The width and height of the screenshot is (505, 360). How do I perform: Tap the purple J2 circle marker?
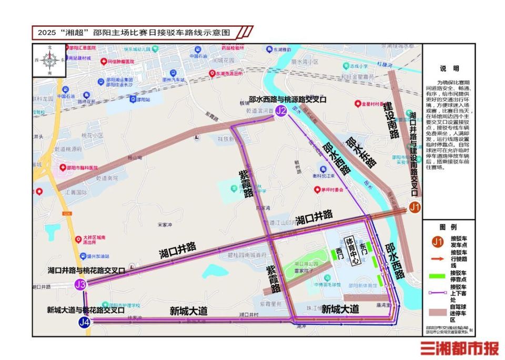tap(281, 111)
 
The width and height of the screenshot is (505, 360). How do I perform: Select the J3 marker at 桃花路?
tap(80, 285)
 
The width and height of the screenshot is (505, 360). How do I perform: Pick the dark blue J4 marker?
tap(84, 322)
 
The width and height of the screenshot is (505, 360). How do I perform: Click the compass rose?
tap(50, 61)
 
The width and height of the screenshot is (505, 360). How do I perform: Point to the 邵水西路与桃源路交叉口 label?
tap(288, 99)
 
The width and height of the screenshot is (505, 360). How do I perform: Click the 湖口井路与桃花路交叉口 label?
tap(86, 271)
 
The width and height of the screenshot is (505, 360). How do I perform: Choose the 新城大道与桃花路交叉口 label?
tap(86, 310)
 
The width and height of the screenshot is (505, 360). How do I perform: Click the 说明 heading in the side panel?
tap(449, 69)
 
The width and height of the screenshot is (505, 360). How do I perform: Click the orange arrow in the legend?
tap(437, 258)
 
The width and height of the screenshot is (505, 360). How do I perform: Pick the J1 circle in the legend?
tap(437, 242)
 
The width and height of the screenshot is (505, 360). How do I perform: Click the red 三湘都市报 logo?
tap(459, 348)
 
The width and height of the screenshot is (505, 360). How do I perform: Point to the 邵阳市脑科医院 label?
tap(79, 167)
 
